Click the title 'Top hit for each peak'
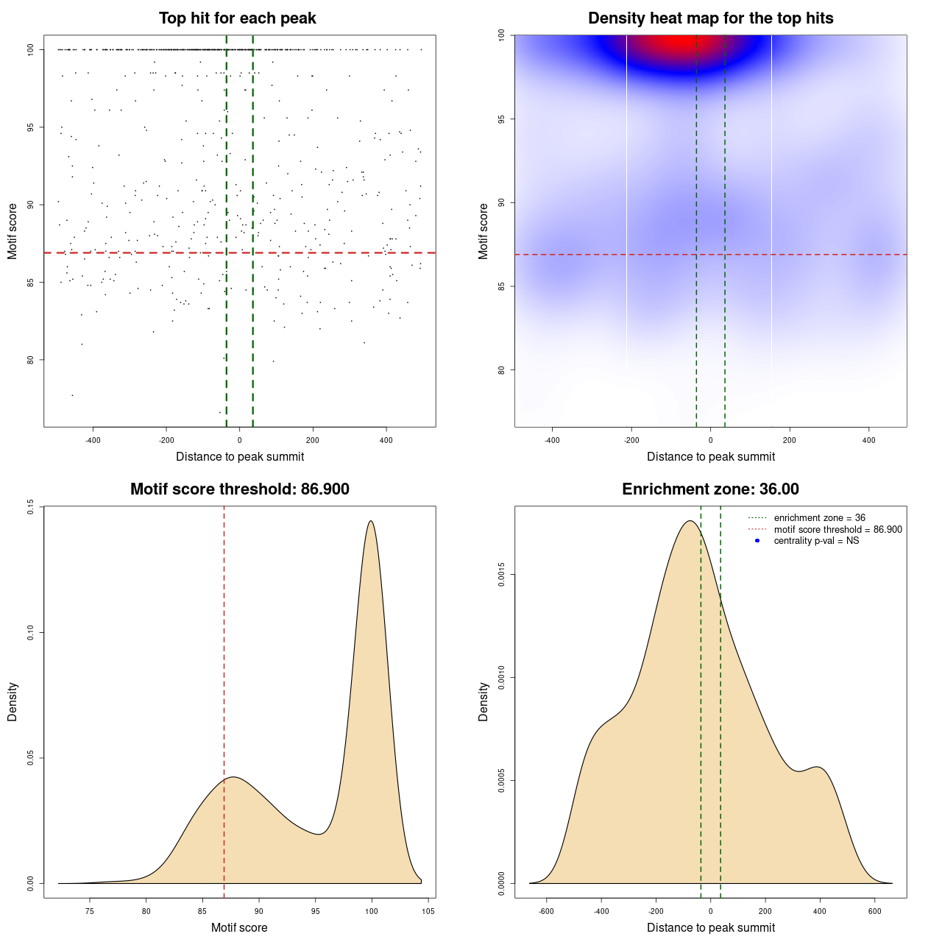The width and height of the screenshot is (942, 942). [237, 18]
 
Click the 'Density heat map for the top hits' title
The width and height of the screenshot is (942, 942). [710, 18]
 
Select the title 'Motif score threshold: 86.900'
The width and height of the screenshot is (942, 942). [239, 489]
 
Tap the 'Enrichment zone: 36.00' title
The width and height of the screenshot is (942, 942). [710, 489]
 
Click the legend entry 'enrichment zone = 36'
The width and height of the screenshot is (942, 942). [819, 518]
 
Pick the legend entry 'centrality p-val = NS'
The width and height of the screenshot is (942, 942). [816, 541]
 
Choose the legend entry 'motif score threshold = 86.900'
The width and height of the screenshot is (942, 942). [837, 530]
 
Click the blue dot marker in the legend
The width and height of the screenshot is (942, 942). [757, 541]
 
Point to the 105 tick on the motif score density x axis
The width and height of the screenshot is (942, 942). [428, 911]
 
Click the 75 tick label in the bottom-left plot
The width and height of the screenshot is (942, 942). [90, 911]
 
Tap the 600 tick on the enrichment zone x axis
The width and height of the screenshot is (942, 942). [875, 911]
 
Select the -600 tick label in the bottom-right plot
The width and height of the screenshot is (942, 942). [546, 911]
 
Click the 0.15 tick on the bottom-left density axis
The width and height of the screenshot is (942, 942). [31, 507]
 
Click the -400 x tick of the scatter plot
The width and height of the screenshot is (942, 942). [93, 440]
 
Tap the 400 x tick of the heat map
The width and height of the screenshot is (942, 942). [869, 440]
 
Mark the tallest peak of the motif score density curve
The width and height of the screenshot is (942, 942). [371, 521]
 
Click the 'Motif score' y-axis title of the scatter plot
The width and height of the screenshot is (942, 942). [13, 231]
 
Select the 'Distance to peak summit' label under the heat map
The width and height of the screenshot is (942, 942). [710, 456]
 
